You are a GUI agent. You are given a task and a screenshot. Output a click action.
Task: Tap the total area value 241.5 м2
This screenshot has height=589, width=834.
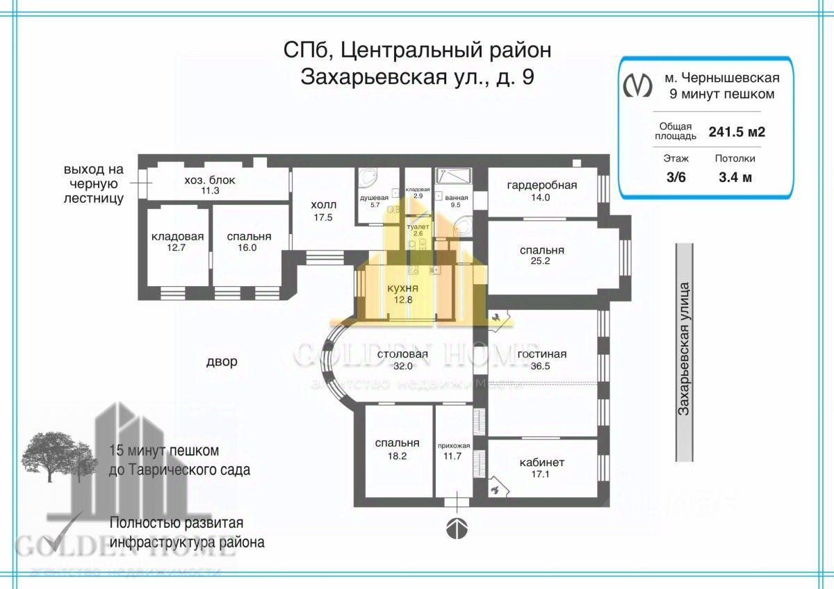(x=737, y=132)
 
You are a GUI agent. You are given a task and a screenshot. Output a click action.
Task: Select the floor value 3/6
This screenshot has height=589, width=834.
(x=675, y=177)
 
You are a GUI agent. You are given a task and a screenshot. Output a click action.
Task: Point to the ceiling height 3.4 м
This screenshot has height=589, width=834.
(x=735, y=177)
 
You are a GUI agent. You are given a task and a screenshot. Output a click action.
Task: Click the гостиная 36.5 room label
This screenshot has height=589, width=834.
(x=542, y=360)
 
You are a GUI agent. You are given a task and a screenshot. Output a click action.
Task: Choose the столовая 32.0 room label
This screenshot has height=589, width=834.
(x=402, y=360)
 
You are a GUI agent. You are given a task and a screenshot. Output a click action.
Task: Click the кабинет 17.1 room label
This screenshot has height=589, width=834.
(x=542, y=468)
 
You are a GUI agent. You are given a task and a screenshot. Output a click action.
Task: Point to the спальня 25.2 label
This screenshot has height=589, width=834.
(x=542, y=256)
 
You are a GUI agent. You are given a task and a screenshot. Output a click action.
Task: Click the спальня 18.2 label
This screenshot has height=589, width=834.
(x=397, y=449)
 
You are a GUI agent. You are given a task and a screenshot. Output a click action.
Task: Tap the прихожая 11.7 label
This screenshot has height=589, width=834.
(x=454, y=451)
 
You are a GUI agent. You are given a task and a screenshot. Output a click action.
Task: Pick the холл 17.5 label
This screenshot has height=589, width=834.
(x=323, y=210)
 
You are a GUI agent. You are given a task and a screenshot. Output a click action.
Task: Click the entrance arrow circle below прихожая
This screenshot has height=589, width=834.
(x=455, y=529)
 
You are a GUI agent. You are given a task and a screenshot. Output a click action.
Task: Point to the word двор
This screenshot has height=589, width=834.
(x=222, y=362)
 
